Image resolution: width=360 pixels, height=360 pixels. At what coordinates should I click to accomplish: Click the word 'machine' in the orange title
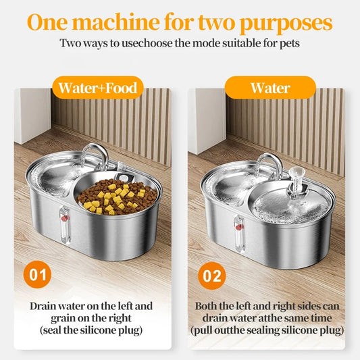[116, 22]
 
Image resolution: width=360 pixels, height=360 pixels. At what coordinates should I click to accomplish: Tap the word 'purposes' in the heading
[286, 24]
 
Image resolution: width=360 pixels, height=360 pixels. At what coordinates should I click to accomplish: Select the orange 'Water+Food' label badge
[98, 88]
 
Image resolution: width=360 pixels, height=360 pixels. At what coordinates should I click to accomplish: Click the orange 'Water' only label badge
[270, 88]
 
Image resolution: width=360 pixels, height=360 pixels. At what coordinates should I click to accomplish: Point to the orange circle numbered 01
[37, 275]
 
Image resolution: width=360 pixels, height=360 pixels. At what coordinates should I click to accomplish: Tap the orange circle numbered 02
[212, 276]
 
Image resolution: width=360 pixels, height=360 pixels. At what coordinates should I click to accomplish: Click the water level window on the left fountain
[65, 224]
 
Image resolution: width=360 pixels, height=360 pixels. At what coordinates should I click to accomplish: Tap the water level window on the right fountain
[239, 234]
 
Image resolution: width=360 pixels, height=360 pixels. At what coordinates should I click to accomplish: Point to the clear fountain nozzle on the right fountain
[294, 182]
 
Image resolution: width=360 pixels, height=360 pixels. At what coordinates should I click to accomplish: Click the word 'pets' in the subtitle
[290, 44]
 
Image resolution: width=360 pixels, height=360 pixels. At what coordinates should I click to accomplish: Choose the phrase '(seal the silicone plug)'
[91, 330]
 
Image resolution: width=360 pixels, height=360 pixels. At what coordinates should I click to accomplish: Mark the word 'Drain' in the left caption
[43, 306]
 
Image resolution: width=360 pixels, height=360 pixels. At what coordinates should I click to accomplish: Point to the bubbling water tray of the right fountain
[291, 207]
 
